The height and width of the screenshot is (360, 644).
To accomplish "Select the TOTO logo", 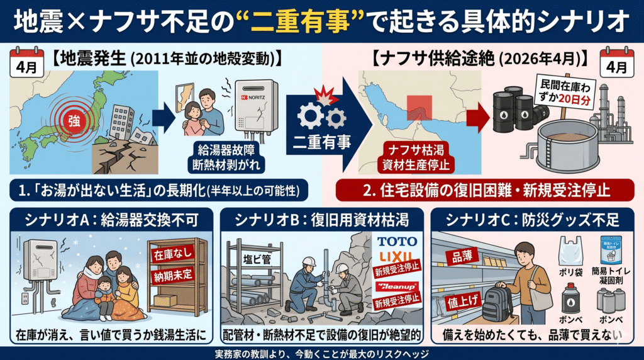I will click(394, 242).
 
